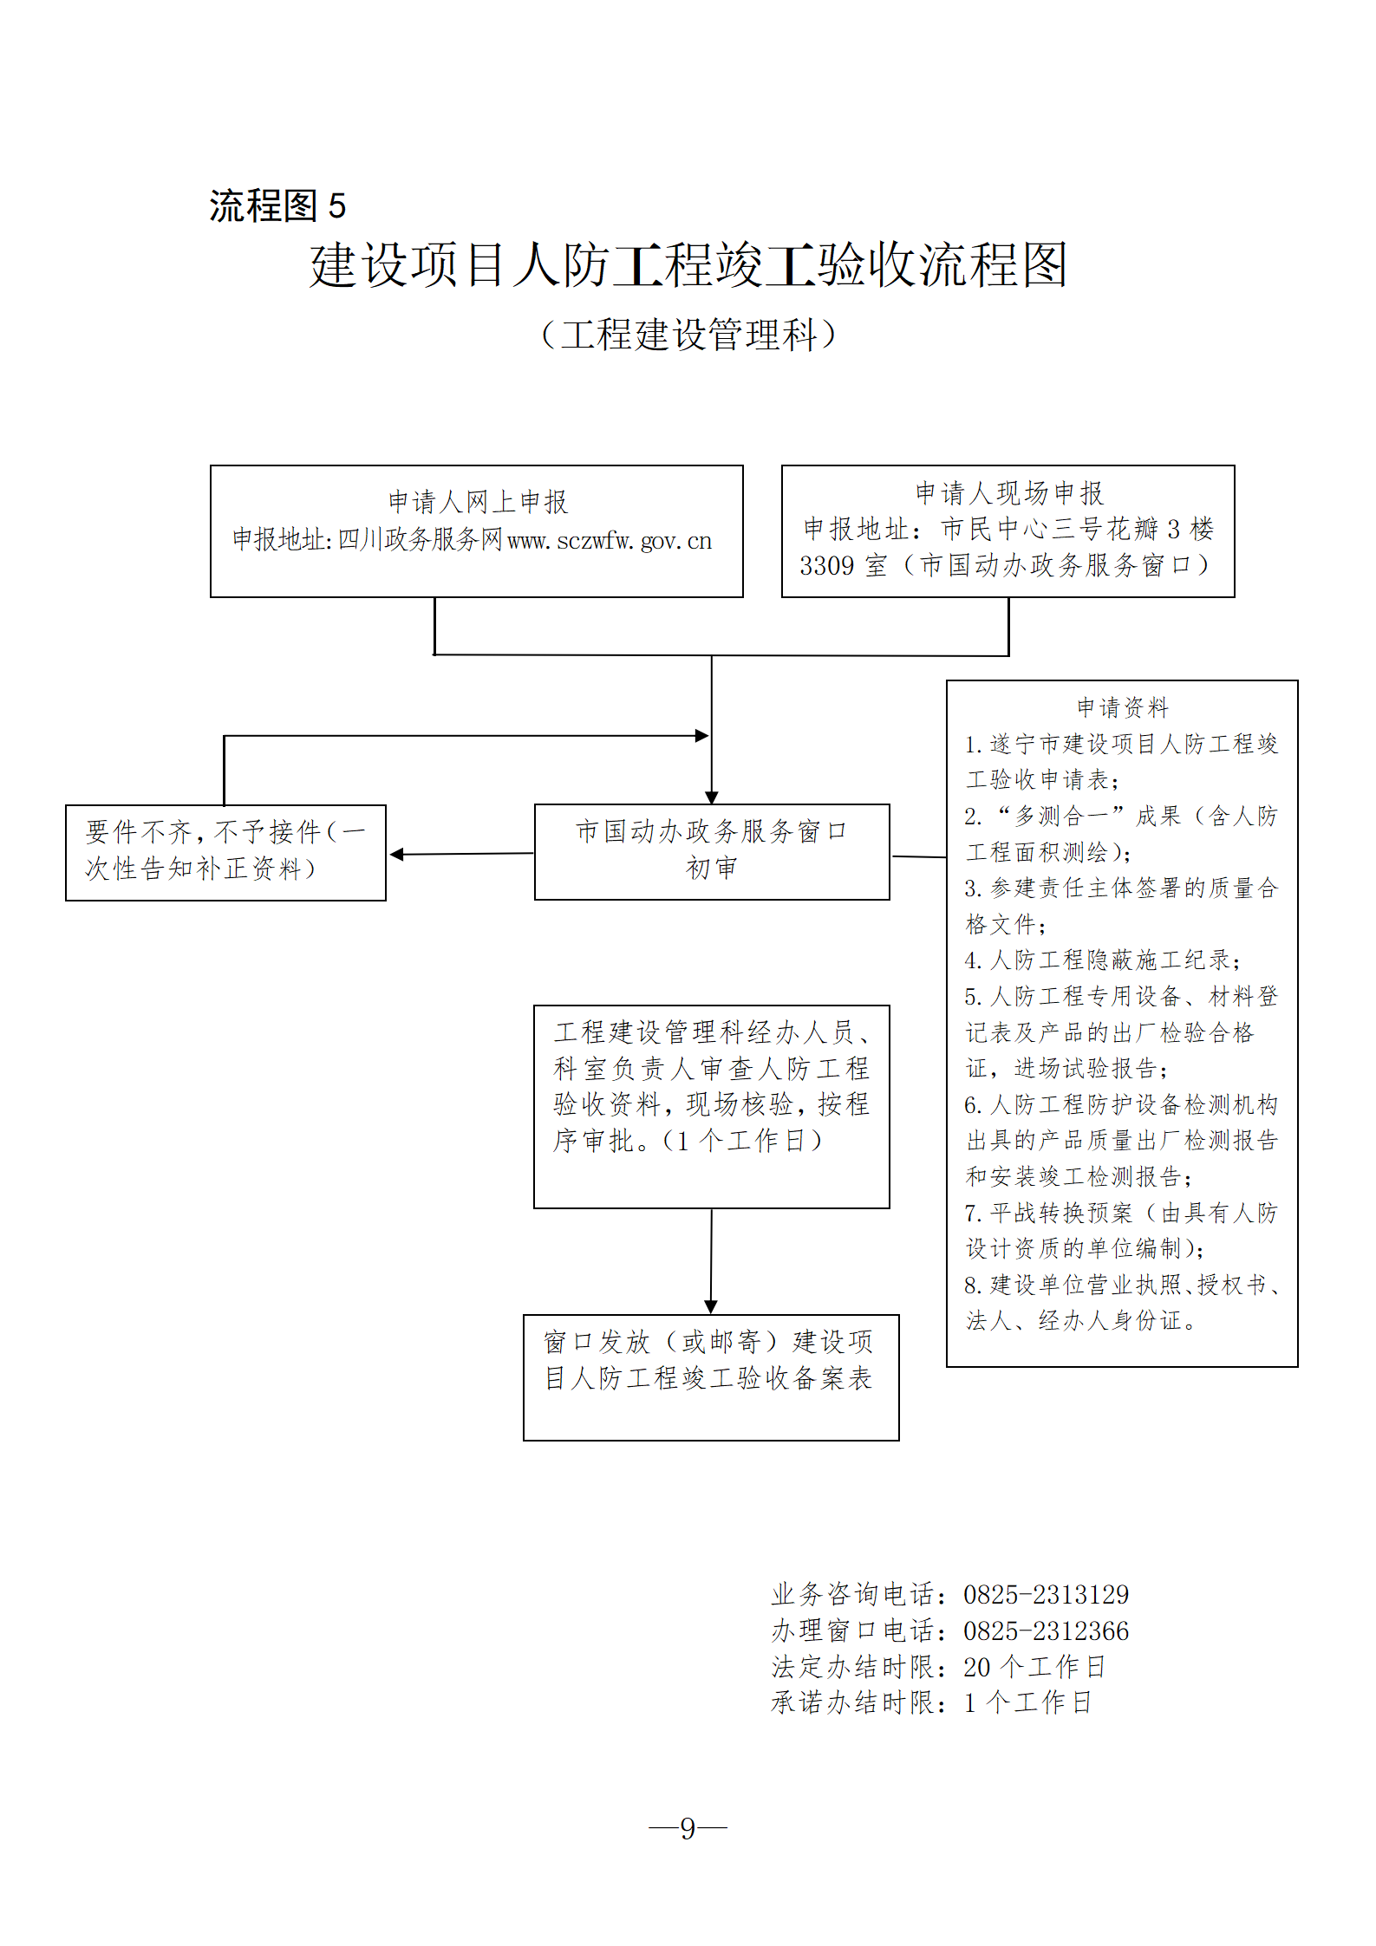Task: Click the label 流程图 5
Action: coord(277,206)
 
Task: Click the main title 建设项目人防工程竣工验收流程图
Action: coord(688,265)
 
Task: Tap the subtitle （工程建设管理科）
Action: coord(688,335)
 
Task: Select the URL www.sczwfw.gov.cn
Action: coord(610,541)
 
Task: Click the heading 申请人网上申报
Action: coord(478,501)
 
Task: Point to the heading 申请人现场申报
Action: coord(1009,493)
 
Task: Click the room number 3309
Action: coord(826,566)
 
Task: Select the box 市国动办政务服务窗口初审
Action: coord(712,851)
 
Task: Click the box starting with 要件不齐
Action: coord(225,852)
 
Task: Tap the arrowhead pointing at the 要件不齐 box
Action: coord(396,855)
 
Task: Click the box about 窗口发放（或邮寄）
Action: coord(711,1377)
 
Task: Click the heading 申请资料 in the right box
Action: coord(1122,707)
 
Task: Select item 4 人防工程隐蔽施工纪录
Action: coord(1103,960)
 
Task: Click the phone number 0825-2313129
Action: coord(1046,1594)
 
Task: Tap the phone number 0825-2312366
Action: coord(1046,1630)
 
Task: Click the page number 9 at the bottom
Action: coord(688,1828)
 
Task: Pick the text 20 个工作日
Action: coord(1034,1666)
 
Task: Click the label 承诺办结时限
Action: coord(852,1702)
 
